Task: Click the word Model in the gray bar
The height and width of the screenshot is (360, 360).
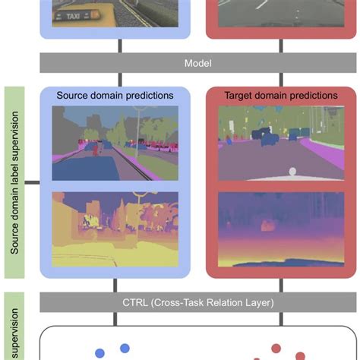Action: (x=197, y=63)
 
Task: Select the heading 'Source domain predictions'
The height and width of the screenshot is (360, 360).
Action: (x=115, y=96)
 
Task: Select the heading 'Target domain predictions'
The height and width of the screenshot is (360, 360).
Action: (x=280, y=96)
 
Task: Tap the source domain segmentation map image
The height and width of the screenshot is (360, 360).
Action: (x=115, y=144)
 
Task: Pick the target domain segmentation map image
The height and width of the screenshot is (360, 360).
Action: (x=280, y=144)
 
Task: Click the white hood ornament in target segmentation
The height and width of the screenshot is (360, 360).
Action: (x=292, y=172)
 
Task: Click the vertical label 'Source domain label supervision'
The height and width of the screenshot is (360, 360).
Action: (x=14, y=182)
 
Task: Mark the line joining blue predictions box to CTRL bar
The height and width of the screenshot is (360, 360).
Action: (x=115, y=286)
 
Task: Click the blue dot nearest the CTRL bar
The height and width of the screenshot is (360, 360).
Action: (x=125, y=348)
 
